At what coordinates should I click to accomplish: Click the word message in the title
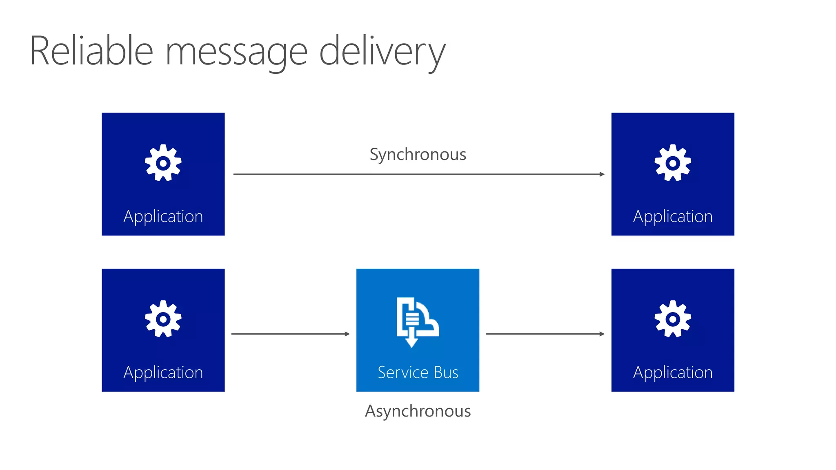[236, 52]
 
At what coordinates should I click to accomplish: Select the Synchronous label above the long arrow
[418, 154]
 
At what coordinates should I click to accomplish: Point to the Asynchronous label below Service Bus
[418, 411]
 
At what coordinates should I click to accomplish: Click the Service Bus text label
[418, 372]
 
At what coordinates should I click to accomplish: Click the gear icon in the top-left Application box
[163, 163]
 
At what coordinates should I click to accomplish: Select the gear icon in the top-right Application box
[673, 163]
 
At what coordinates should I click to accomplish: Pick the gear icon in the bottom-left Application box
[163, 319]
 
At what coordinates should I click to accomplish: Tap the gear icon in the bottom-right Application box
[673, 319]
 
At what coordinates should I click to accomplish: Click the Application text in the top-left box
[163, 216]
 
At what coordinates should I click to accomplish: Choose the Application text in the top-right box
[673, 216]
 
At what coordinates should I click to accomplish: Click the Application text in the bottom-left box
[163, 372]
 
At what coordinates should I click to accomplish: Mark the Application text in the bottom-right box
[673, 372]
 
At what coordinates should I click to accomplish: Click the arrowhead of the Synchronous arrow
[602, 174]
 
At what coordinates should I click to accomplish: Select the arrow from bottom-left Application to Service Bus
[290, 334]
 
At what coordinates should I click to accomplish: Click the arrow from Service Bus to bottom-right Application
[545, 334]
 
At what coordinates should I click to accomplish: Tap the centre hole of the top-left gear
[163, 163]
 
